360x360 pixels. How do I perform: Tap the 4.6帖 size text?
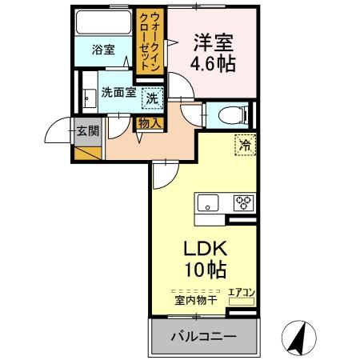tap(214, 63)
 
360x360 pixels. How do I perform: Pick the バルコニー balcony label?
tap(203, 337)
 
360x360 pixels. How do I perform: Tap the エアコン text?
tap(242, 292)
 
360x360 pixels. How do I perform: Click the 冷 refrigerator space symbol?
tap(242, 146)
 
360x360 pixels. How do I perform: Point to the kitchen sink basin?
tap(209, 202)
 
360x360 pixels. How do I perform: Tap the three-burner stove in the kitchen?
tap(242, 202)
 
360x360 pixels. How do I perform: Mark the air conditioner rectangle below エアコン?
tap(242, 303)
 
